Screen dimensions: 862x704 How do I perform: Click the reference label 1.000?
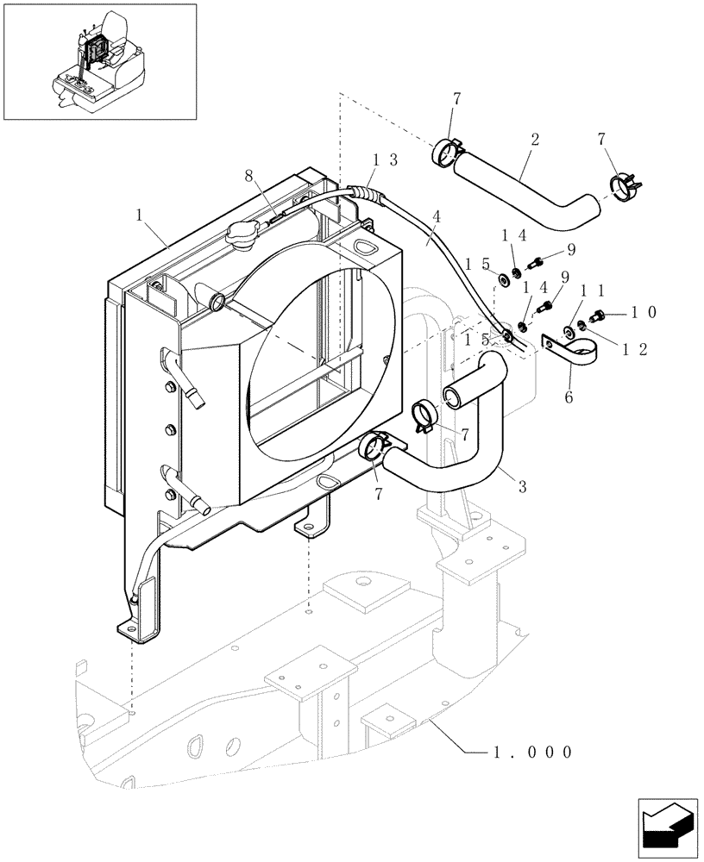coord(531,751)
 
